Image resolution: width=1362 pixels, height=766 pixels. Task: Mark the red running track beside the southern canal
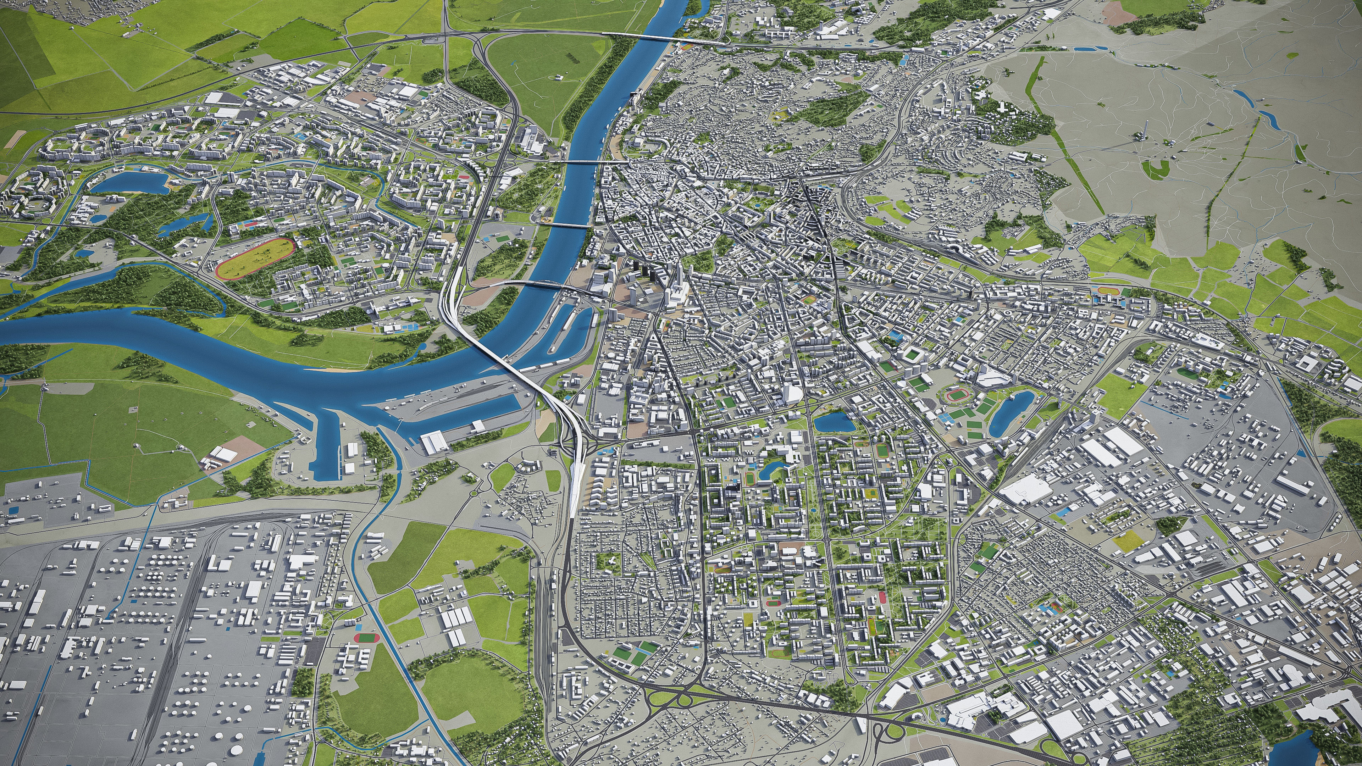pyautogui.click(x=363, y=638)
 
